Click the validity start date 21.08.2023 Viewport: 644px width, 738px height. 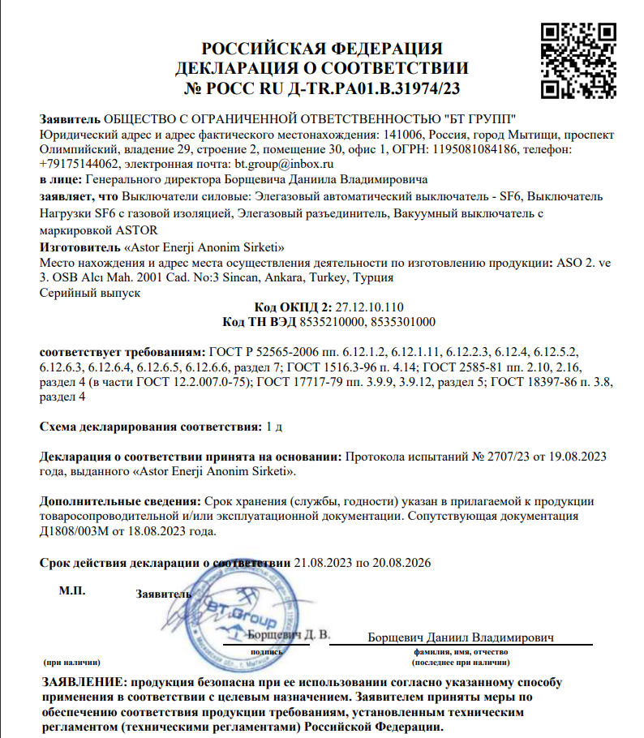pos(323,562)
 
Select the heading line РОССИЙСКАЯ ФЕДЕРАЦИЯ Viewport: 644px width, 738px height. pos(322,49)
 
